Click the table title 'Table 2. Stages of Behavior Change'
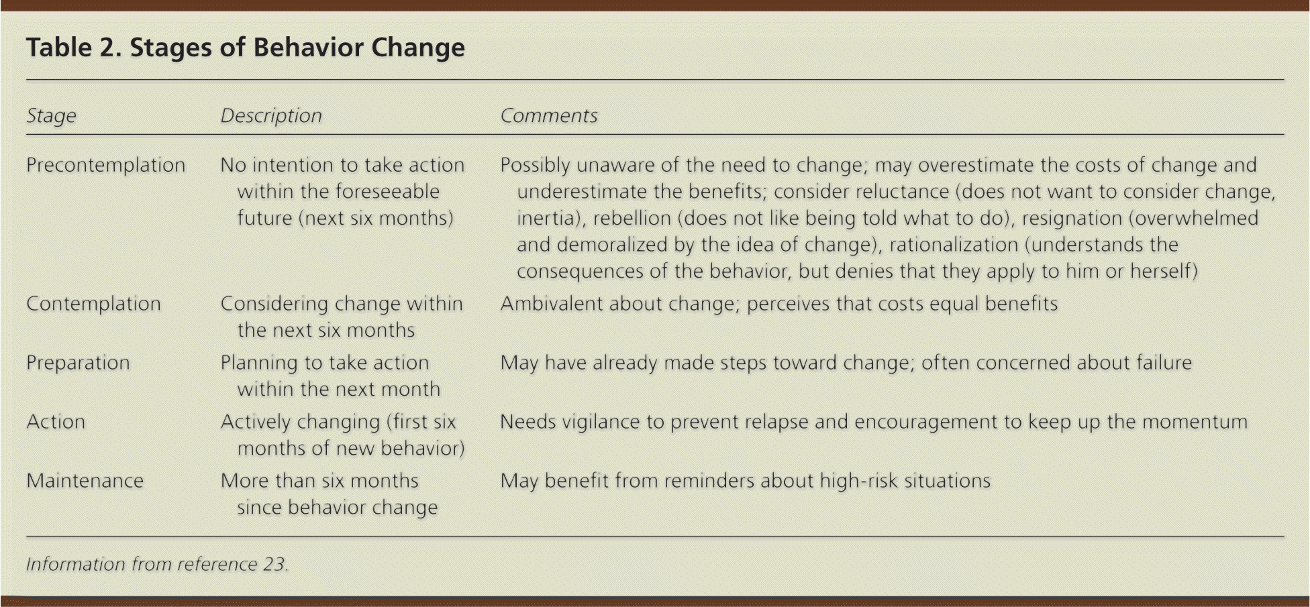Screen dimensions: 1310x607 (246, 48)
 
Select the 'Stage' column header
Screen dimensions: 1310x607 (52, 116)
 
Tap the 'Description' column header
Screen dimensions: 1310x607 (271, 116)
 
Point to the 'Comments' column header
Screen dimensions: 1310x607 (549, 116)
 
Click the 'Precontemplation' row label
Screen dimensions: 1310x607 (106, 165)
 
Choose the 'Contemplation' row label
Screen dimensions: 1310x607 (94, 304)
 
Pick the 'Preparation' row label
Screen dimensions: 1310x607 (79, 363)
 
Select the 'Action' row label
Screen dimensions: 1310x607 (56, 422)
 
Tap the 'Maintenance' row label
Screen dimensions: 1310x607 (85, 481)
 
